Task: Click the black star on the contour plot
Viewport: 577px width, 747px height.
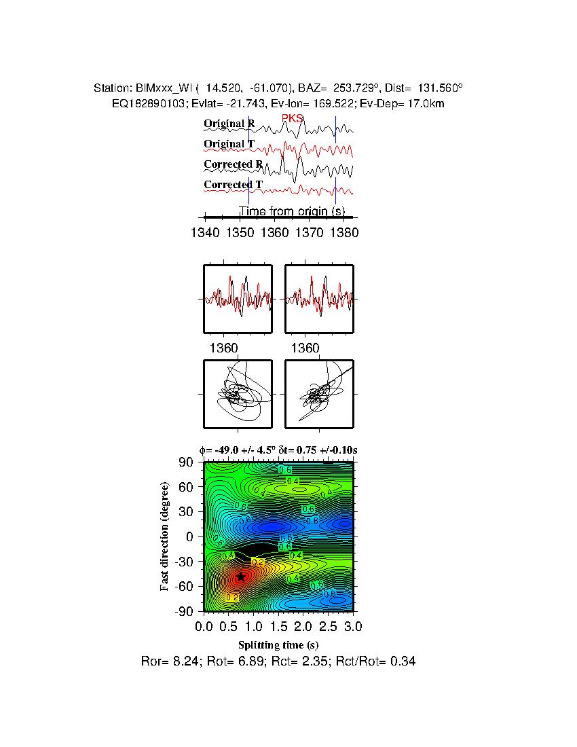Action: tap(240, 577)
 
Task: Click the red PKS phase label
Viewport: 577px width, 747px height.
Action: tap(293, 119)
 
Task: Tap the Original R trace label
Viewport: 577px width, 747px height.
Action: tap(229, 124)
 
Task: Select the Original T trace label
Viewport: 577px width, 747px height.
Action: tap(229, 144)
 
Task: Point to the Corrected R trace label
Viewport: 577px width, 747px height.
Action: tap(233, 164)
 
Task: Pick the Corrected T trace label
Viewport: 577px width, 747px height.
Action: tap(233, 185)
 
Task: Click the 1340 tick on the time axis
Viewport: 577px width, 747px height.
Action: tap(205, 232)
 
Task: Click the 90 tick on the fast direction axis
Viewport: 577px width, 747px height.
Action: tap(187, 462)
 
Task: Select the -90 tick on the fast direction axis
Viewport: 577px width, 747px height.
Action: tap(185, 611)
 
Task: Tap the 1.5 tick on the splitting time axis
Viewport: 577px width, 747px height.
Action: tap(278, 625)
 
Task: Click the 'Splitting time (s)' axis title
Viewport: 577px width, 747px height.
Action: tap(278, 644)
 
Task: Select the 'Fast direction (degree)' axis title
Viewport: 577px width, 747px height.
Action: tap(165, 536)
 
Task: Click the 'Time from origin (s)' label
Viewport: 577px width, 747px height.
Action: tap(292, 212)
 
